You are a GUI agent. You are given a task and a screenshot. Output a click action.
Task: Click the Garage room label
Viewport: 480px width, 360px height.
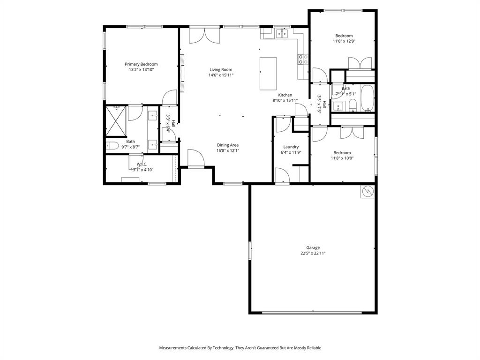pyautogui.click(x=313, y=247)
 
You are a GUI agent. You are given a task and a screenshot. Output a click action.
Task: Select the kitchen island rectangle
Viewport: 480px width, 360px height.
pyautogui.click(x=268, y=74)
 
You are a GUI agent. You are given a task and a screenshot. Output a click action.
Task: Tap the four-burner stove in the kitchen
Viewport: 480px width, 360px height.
pyautogui.click(x=303, y=59)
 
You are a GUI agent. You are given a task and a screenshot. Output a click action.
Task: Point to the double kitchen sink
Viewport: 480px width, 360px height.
pyautogui.click(x=282, y=33)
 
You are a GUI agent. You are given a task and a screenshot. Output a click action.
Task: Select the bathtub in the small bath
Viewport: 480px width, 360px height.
pyautogui.click(x=367, y=98)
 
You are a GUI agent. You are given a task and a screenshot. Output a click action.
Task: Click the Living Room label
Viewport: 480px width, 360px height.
pyautogui.click(x=221, y=69)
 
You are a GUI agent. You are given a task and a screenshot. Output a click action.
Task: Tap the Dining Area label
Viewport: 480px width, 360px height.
pyautogui.click(x=228, y=145)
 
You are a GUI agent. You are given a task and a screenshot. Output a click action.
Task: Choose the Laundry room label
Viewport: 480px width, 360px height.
pyautogui.click(x=291, y=147)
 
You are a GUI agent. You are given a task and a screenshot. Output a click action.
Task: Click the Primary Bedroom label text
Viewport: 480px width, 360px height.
pyautogui.click(x=141, y=64)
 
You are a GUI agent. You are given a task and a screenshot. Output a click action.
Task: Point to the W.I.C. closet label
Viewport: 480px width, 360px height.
pyautogui.click(x=142, y=164)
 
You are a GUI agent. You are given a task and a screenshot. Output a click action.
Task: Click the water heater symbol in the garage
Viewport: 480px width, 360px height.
pyautogui.click(x=367, y=191)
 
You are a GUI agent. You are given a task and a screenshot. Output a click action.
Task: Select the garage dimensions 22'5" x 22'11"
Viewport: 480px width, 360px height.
pyautogui.click(x=313, y=253)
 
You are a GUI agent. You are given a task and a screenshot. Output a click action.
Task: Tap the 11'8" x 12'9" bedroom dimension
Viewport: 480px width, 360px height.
pyautogui.click(x=344, y=41)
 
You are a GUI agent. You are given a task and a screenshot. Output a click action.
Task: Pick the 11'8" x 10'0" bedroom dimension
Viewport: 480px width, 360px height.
pyautogui.click(x=342, y=158)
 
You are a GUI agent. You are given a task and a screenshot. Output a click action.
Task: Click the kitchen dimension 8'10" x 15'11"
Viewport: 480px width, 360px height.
pyautogui.click(x=285, y=100)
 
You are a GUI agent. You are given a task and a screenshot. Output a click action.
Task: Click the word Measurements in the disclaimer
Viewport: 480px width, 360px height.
pyautogui.click(x=176, y=348)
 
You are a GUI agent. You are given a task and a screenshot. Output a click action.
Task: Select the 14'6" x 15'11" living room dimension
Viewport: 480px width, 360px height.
pyautogui.click(x=221, y=75)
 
